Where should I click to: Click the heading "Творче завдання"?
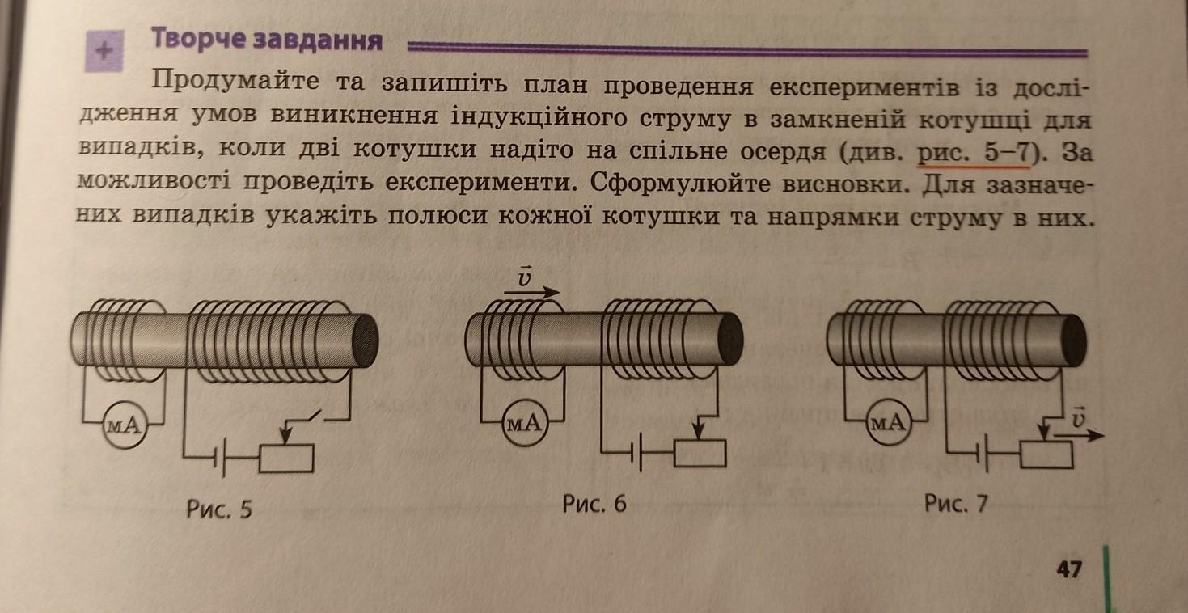point(267,40)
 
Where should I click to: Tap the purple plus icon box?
point(104,50)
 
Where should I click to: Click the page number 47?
point(1068,569)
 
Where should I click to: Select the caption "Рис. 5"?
point(219,509)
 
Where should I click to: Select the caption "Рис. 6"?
point(594,503)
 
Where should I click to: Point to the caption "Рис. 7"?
point(956,503)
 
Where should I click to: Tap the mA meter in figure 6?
point(525,423)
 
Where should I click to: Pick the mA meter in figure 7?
point(889,422)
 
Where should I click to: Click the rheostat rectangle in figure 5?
point(286,459)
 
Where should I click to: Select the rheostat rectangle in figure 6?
point(700,454)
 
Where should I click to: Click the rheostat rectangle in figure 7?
point(1046,454)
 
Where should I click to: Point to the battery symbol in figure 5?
point(220,457)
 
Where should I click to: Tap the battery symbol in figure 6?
point(638,452)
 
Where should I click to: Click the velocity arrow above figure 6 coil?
point(531,292)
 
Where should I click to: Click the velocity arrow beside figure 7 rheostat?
point(1080,435)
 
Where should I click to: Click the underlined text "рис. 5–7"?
point(972,154)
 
